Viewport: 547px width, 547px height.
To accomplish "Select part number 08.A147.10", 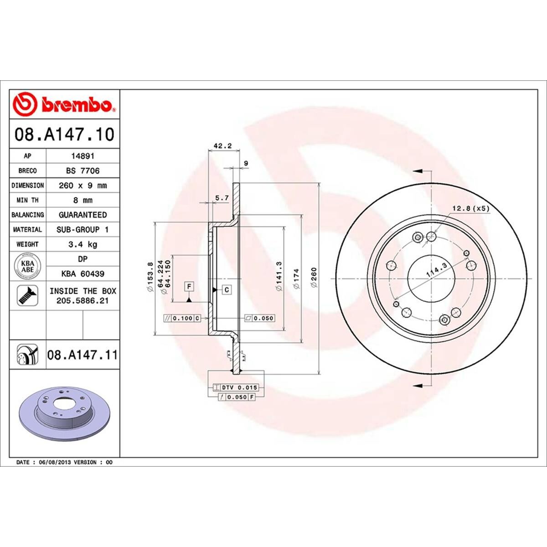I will (x=64, y=134).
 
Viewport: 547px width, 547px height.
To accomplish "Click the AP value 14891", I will (x=83, y=156).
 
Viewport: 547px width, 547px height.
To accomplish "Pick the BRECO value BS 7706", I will (x=83, y=170).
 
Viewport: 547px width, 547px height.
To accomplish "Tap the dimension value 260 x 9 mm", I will (x=83, y=186).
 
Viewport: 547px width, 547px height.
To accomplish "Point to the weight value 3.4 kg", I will (x=83, y=244).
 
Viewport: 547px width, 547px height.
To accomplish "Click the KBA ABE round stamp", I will (x=27, y=266).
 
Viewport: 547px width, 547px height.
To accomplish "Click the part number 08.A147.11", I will (x=82, y=354).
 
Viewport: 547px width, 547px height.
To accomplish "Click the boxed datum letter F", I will (x=188, y=286).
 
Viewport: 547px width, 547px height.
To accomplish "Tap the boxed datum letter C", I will (x=226, y=289).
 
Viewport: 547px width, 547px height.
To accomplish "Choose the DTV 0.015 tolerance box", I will (x=236, y=387).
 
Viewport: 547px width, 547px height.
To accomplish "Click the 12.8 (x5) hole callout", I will (x=470, y=208).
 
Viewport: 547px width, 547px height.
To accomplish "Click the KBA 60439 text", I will (x=83, y=274).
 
